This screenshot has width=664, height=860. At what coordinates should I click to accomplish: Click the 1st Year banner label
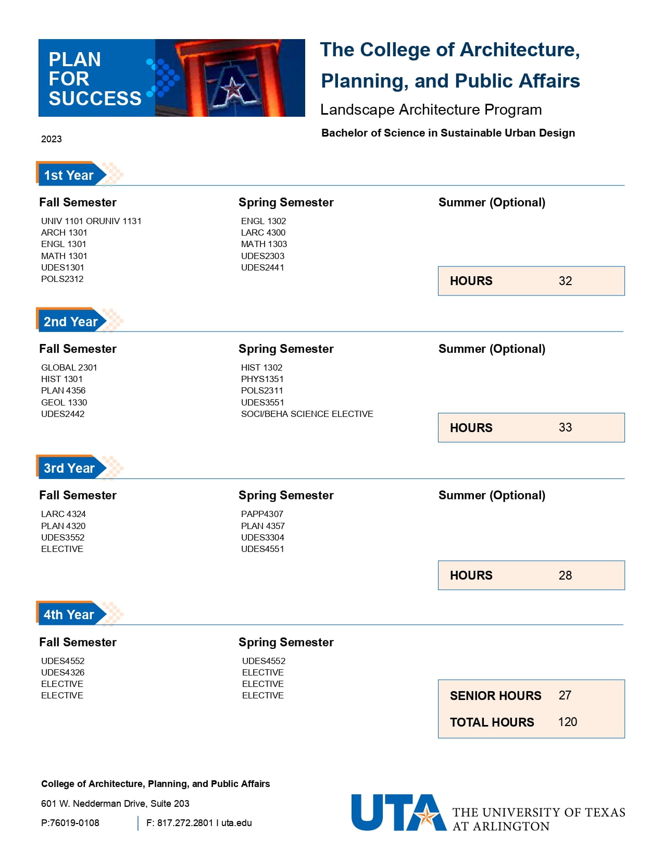tap(69, 175)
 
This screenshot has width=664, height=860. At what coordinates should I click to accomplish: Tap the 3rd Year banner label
tap(69, 468)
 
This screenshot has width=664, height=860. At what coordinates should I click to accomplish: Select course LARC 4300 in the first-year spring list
tap(263, 232)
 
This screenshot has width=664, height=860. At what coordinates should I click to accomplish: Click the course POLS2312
tap(62, 279)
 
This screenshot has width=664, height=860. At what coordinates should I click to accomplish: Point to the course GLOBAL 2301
tap(69, 367)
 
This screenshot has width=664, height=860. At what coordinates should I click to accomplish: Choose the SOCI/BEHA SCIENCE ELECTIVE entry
tap(307, 414)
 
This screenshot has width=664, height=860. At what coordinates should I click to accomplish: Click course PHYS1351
tap(262, 379)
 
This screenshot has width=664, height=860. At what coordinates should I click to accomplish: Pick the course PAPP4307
tap(262, 514)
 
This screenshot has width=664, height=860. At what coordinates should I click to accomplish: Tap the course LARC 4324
tap(64, 514)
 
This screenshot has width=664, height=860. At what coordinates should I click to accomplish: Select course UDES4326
tap(63, 672)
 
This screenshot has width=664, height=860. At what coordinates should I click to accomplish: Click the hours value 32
tap(565, 281)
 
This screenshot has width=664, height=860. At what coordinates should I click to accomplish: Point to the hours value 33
tap(565, 427)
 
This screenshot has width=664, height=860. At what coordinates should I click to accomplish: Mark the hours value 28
tap(565, 575)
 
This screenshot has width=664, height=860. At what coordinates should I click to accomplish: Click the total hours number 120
tap(567, 722)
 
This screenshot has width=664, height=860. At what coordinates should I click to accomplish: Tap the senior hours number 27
tap(565, 695)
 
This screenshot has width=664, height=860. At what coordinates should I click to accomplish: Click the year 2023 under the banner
tap(52, 139)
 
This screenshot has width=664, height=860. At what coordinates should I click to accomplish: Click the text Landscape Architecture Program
tap(431, 109)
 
